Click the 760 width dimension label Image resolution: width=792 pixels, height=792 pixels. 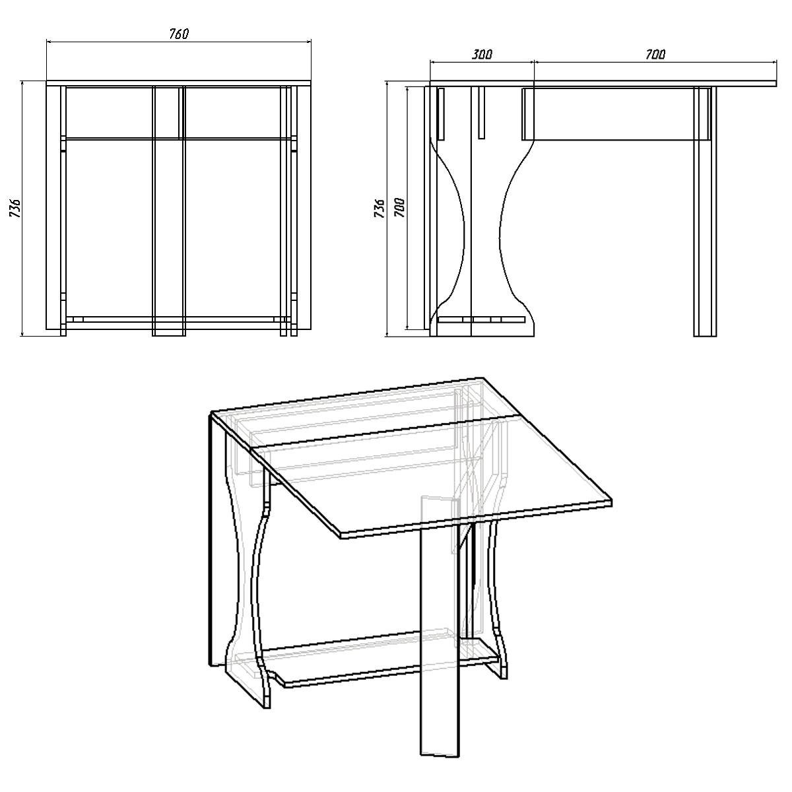tap(179, 34)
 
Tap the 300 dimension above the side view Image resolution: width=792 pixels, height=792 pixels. tap(482, 54)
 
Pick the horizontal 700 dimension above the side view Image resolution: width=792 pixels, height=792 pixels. tap(655, 54)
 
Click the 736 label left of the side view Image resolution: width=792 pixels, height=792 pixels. tap(379, 209)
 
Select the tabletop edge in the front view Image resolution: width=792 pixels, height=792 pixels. tap(178, 84)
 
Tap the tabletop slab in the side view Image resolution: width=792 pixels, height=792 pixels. tap(604, 84)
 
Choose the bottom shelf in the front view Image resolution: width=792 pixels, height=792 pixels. tap(178, 319)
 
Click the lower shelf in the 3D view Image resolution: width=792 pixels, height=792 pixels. tap(383, 660)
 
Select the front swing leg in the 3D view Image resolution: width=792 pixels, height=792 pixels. tap(439, 647)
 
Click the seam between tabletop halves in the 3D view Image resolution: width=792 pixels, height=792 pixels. tap(376, 432)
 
